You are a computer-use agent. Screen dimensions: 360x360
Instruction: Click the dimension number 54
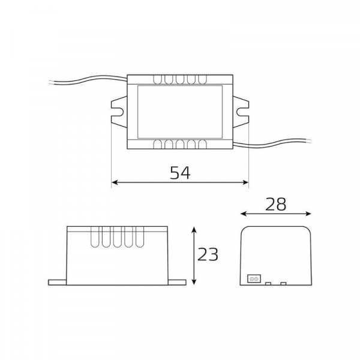180,173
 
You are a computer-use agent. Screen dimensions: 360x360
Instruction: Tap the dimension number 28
275,204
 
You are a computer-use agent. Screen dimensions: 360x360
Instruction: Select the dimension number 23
208,254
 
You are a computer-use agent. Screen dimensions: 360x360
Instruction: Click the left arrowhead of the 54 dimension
115,182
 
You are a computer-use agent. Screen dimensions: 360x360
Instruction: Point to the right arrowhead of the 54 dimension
245,182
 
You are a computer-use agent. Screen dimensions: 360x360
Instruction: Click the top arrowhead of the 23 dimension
194,230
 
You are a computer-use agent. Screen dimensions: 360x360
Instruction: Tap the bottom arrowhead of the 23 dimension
194,281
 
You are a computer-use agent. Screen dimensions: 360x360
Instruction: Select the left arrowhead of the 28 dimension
244,214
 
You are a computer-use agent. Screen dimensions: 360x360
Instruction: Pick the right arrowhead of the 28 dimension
308,214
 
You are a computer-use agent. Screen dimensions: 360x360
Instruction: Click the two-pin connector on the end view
254,279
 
